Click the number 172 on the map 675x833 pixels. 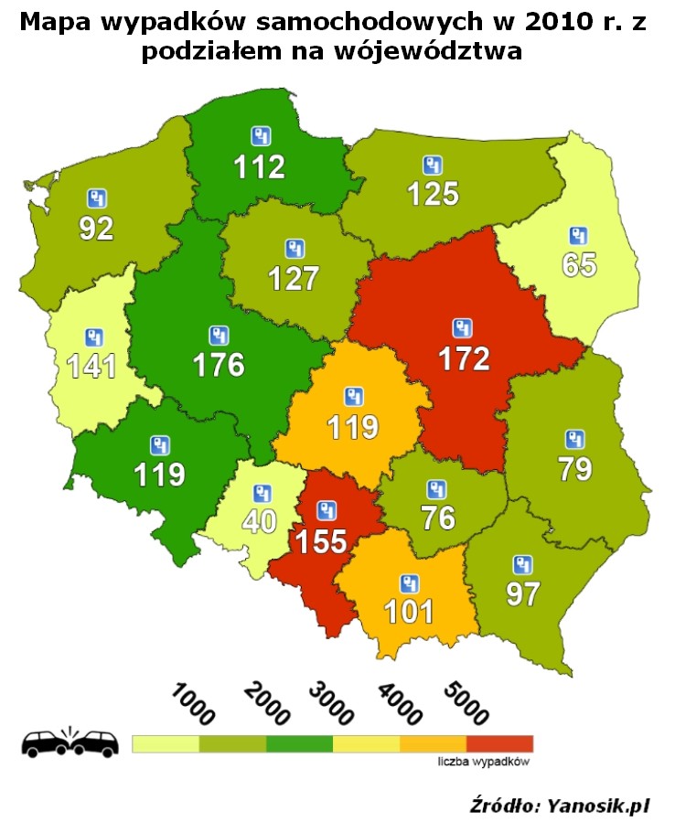tap(464, 358)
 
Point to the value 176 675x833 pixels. tap(219, 364)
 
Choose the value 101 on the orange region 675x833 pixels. tap(409, 610)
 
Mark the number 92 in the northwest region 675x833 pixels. tap(96, 227)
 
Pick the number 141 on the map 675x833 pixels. tap(91, 366)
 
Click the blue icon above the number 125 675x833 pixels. tap(433, 166)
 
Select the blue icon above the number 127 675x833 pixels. tap(294, 248)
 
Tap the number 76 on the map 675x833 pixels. tap(438, 518)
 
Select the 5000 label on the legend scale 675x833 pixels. tap(466, 702)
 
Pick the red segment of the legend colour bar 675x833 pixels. tap(499, 743)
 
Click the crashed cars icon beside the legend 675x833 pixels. tap(70, 742)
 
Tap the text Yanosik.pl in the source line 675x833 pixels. tap(598, 806)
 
